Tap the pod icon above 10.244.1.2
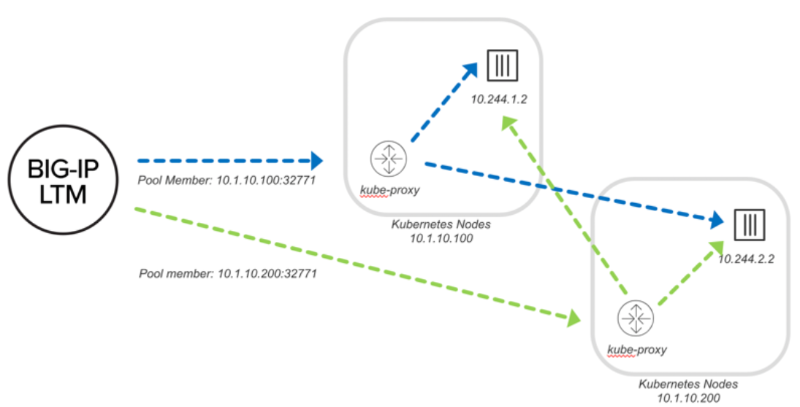click(x=503, y=65)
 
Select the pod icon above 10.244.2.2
click(x=750, y=224)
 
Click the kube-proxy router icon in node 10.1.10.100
click(x=389, y=159)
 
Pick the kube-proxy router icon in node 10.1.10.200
click(x=636, y=319)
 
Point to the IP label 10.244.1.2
click(x=499, y=99)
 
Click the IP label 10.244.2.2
click(x=746, y=259)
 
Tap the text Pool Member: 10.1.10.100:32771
click(x=227, y=180)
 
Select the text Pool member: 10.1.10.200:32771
click(x=228, y=274)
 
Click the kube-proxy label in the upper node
click(x=390, y=191)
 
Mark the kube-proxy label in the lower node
click(x=637, y=350)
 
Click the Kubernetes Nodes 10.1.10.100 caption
click(x=441, y=232)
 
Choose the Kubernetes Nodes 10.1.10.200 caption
click(x=688, y=391)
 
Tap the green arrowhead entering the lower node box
click(x=574, y=317)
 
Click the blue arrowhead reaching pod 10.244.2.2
click(x=716, y=220)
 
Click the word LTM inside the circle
click(x=64, y=194)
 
